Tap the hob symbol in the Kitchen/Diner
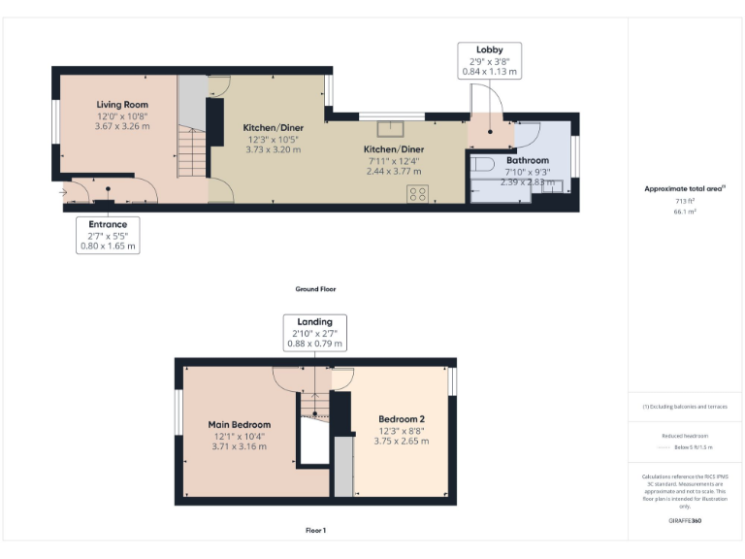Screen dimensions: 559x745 (419, 193)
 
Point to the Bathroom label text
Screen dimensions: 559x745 (527, 160)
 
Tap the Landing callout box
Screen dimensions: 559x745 (314, 333)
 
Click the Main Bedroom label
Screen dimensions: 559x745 (239, 424)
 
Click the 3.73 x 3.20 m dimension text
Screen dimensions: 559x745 (273, 149)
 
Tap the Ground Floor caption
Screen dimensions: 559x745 (315, 289)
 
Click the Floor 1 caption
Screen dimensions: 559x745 (315, 531)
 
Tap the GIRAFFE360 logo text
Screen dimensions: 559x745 (685, 521)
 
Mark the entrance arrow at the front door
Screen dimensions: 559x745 (64, 192)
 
